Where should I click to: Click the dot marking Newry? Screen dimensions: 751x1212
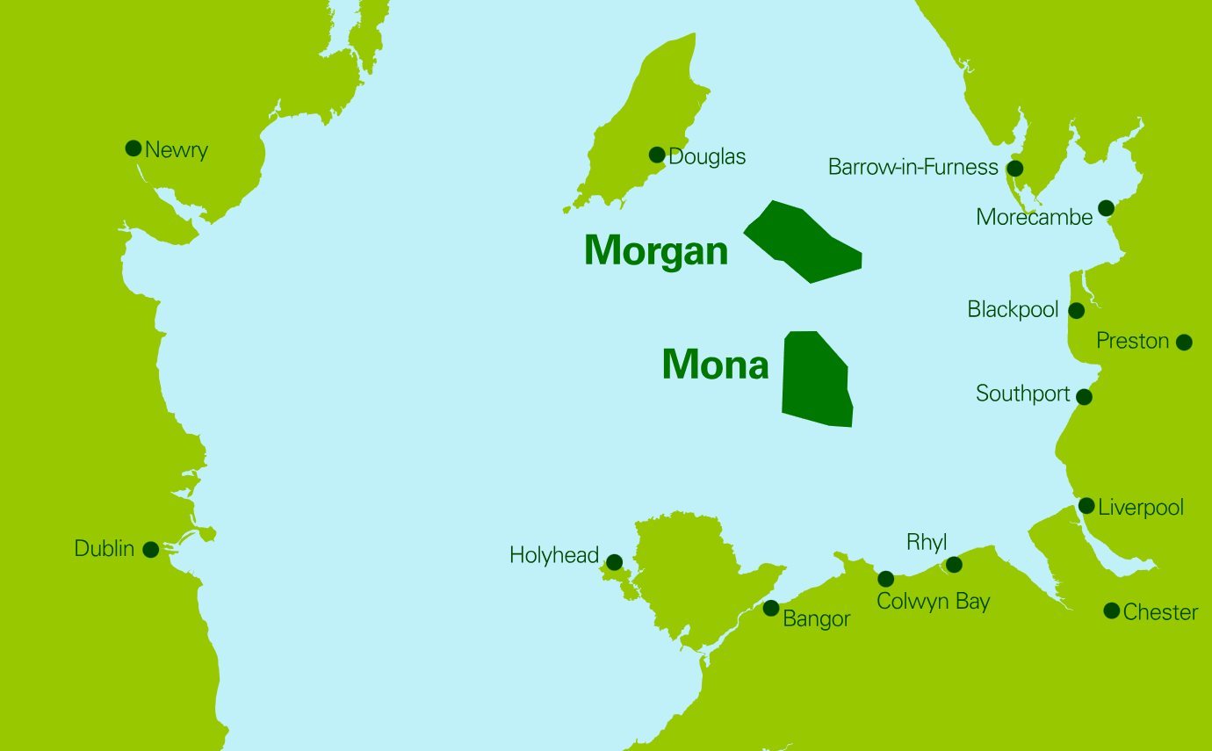click(x=133, y=148)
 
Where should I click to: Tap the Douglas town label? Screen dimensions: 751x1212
click(x=707, y=157)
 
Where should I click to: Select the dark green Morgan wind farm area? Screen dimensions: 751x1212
click(x=804, y=243)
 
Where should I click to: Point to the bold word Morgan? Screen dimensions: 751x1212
click(x=656, y=250)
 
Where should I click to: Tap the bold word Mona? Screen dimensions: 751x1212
click(x=715, y=365)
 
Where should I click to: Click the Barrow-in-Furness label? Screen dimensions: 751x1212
click(x=913, y=167)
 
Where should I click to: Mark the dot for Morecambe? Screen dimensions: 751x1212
click(x=1106, y=208)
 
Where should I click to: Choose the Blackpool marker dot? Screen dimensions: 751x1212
click(x=1076, y=310)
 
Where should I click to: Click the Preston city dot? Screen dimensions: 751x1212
click(x=1184, y=342)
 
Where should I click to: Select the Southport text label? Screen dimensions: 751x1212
click(x=1023, y=394)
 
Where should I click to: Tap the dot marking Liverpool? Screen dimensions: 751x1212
click(x=1086, y=506)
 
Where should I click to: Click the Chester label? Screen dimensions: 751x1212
click(x=1160, y=612)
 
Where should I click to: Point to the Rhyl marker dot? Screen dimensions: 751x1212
click(x=954, y=564)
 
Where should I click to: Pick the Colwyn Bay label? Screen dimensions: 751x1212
click(x=934, y=602)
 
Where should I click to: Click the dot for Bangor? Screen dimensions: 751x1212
click(x=771, y=608)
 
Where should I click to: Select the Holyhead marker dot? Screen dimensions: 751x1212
click(x=615, y=562)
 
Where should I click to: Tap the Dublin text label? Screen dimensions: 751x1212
click(x=105, y=549)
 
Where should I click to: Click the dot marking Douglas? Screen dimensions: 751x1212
click(x=657, y=155)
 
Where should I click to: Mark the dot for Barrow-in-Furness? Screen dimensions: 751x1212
click(x=1015, y=168)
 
